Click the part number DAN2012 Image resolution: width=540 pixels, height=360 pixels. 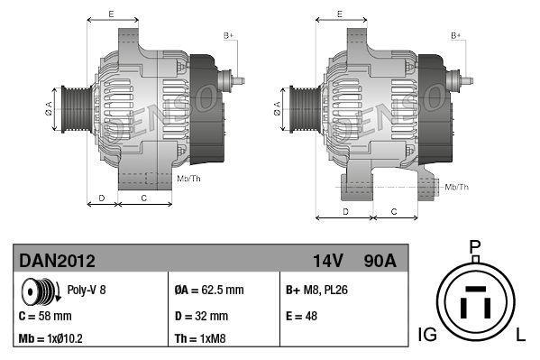pyautogui.click(x=58, y=261)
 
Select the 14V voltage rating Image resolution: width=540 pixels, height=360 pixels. pyautogui.click(x=329, y=261)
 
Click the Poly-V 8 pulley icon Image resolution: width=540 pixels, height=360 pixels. pyautogui.click(x=41, y=291)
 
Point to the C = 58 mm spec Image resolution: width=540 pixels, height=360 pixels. pyautogui.click(x=45, y=316)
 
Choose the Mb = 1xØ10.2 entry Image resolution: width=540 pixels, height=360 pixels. pyautogui.click(x=52, y=340)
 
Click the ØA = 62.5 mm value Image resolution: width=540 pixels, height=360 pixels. pyautogui.click(x=208, y=291)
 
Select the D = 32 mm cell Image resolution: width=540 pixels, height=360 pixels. pyautogui.click(x=200, y=316)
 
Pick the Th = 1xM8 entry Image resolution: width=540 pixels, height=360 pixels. pyautogui.click(x=199, y=340)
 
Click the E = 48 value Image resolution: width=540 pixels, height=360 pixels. pyautogui.click(x=302, y=316)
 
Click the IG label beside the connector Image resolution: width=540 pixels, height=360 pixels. pyautogui.click(x=428, y=336)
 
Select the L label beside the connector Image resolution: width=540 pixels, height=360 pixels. pyautogui.click(x=520, y=336)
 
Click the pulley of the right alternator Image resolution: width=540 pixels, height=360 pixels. pyautogui.click(x=300, y=109)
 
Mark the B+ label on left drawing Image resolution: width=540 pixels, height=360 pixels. pyautogui.click(x=228, y=34)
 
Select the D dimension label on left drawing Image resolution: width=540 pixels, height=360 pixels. pyautogui.click(x=102, y=196)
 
